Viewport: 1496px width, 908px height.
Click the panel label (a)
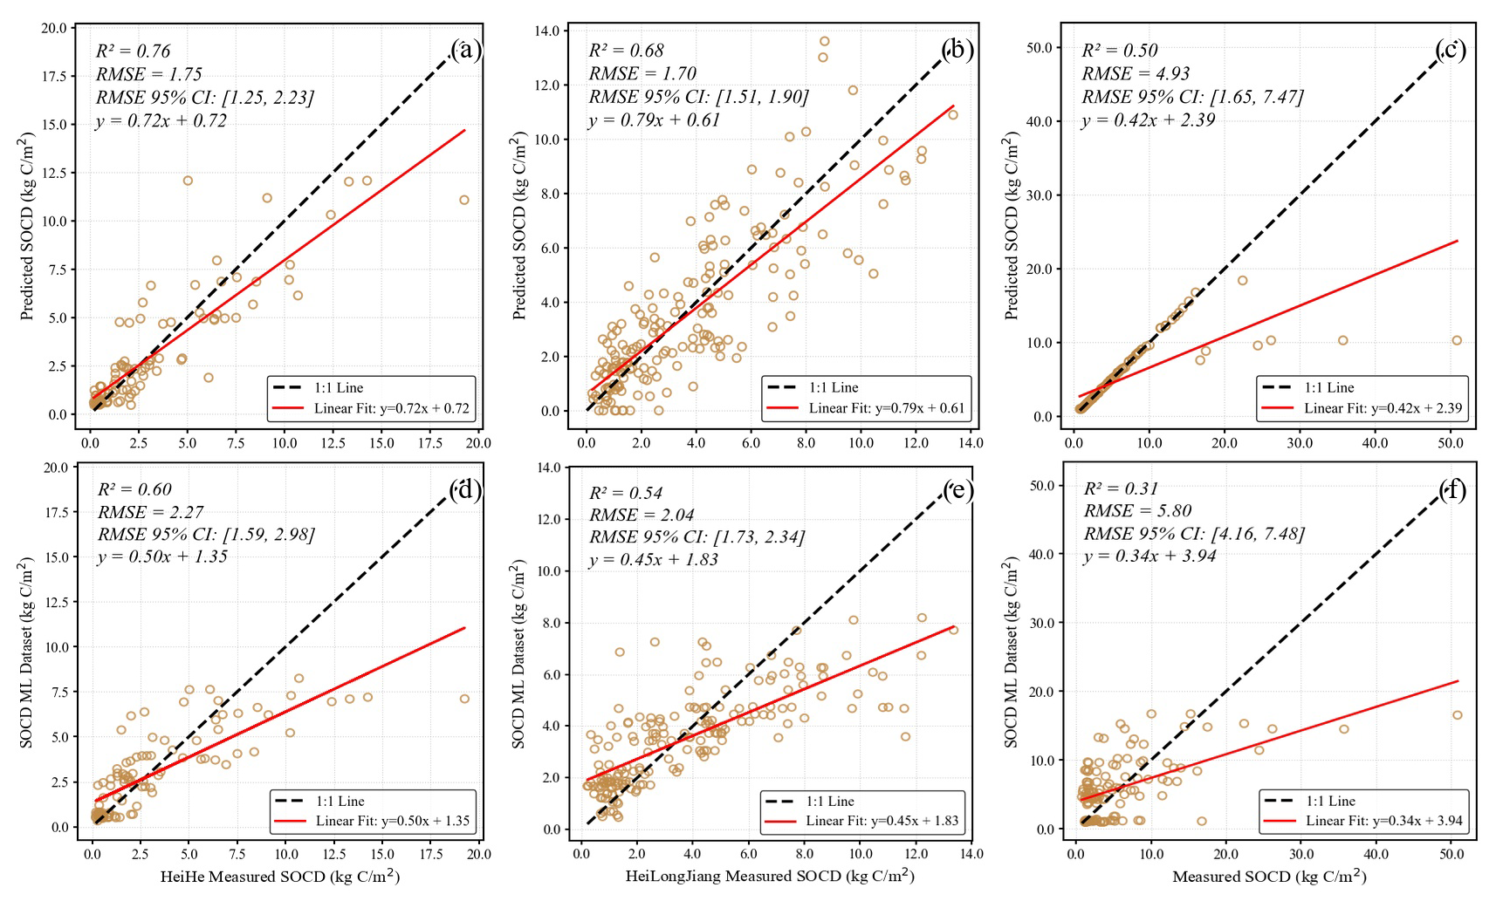tap(465, 50)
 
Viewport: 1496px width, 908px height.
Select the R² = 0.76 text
tap(134, 51)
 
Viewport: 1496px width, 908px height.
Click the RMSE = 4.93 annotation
tap(1136, 73)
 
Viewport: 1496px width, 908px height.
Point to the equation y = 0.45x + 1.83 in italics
tap(654, 559)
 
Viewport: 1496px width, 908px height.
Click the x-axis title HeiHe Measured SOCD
tap(280, 876)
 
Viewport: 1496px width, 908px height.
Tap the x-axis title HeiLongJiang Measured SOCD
tap(770, 875)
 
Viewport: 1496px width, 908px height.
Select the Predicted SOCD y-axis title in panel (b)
tap(520, 226)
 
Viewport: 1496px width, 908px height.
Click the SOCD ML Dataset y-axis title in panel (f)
tap(1012, 652)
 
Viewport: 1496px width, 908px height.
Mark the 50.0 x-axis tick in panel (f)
tap(1451, 854)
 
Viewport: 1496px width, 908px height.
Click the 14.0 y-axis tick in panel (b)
tap(546, 31)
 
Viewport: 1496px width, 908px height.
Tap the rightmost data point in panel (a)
tap(464, 200)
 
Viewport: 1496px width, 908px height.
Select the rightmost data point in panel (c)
tap(1457, 340)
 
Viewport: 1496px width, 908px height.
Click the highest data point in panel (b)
tap(824, 41)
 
